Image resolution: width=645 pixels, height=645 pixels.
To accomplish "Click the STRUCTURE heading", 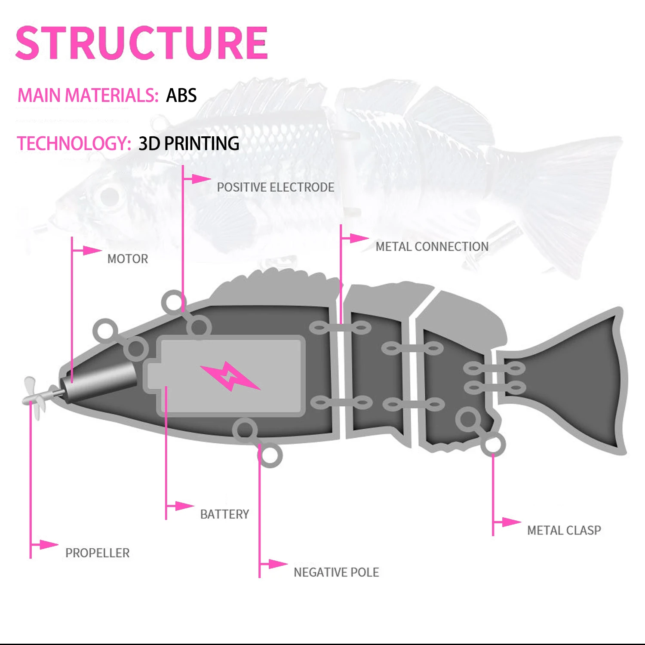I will pyautogui.click(x=141, y=43).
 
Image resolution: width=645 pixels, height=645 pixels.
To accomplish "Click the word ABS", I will pyautogui.click(x=181, y=95).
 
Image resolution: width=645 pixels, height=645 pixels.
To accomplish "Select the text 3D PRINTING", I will pyautogui.click(x=189, y=144).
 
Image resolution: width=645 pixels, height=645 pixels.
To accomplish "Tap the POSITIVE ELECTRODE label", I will pyautogui.click(x=275, y=187).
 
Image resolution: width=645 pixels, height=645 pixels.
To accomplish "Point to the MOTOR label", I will pyautogui.click(x=128, y=259).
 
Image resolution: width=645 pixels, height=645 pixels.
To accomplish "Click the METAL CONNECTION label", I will pyautogui.click(x=432, y=247).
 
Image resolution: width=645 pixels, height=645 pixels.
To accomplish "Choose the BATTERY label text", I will pyautogui.click(x=224, y=514).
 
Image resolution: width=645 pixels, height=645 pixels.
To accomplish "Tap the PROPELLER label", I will pyautogui.click(x=97, y=553).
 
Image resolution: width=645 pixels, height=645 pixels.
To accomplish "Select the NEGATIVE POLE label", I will pyautogui.click(x=336, y=572).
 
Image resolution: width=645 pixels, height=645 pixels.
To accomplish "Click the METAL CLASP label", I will pyautogui.click(x=564, y=531).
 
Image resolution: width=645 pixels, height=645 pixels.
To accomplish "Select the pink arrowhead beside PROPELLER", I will pyautogui.click(x=49, y=544).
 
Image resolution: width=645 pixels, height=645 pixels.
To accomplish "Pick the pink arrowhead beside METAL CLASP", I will pyautogui.click(x=511, y=522).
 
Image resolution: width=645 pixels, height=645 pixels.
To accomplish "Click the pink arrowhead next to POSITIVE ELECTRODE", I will pyautogui.click(x=201, y=178).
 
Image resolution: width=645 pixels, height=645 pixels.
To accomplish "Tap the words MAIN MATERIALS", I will pyautogui.click(x=88, y=95).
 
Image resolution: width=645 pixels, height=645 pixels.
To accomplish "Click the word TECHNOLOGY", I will pyautogui.click(x=74, y=144).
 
